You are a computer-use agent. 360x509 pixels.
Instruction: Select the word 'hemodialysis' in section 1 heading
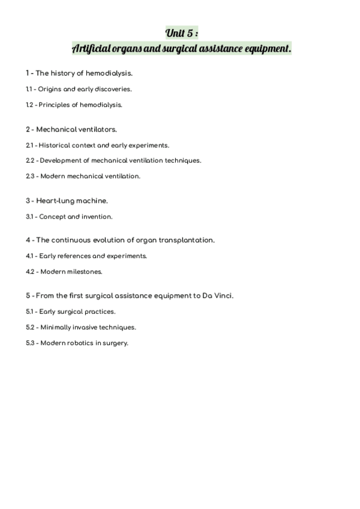[109, 73]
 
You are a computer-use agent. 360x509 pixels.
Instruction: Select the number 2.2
[30, 161]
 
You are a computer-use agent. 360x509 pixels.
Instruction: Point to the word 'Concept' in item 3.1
[52, 217]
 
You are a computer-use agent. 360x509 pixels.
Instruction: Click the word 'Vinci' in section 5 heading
[222, 296]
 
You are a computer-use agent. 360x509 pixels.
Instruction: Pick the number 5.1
[29, 312]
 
